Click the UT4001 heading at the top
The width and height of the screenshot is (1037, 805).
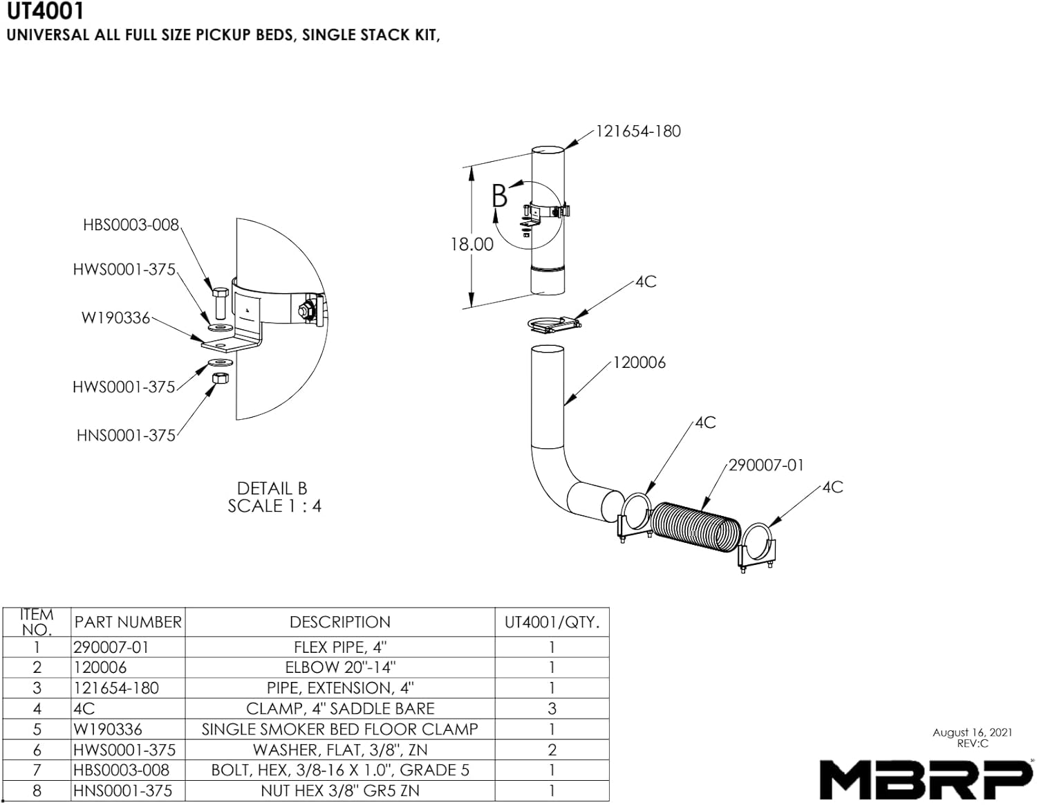46,11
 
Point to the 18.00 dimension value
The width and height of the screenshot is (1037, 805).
471,244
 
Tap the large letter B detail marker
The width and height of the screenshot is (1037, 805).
499,196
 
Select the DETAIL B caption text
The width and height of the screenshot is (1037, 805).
272,488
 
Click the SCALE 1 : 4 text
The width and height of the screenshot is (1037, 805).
274,506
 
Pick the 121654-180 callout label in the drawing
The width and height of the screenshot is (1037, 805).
638,131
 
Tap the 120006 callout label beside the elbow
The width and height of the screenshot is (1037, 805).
639,362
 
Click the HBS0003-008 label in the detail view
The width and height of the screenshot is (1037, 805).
131,225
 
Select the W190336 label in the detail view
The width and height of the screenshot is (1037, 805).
115,317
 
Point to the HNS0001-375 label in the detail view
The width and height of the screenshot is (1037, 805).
126,436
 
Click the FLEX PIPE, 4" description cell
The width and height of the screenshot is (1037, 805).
339,647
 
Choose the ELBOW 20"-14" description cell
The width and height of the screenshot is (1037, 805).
339,667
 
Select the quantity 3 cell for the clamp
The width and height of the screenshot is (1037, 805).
551,709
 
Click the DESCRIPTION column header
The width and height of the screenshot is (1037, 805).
339,622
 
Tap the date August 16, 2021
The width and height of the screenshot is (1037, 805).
972,732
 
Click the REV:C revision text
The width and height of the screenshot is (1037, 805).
972,743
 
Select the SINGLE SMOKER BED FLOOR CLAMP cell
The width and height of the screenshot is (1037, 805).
339,730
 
